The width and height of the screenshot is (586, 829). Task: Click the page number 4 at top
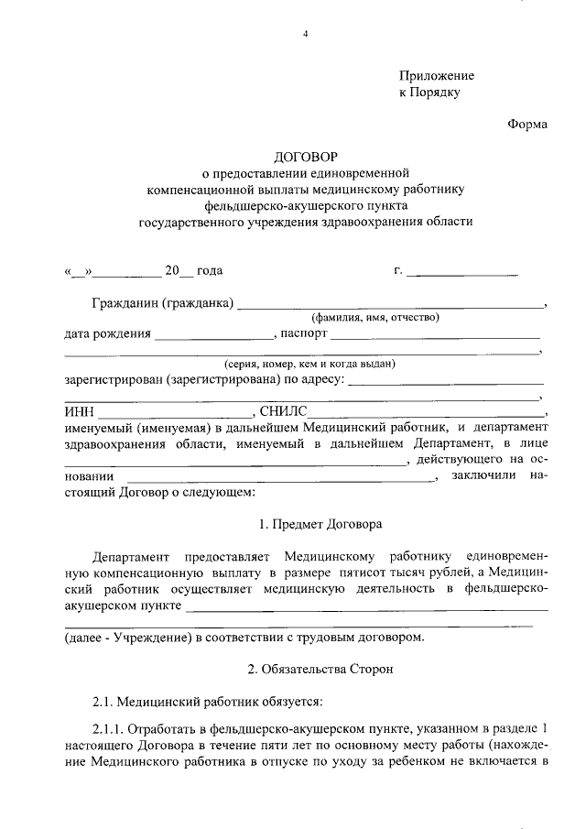[306, 35]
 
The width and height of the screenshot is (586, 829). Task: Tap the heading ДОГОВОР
[306, 157]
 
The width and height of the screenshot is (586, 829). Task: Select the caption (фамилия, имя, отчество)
[375, 318]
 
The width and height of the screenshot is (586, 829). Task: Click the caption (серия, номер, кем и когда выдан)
[303, 364]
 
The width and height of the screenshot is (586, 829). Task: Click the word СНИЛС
[283, 411]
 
